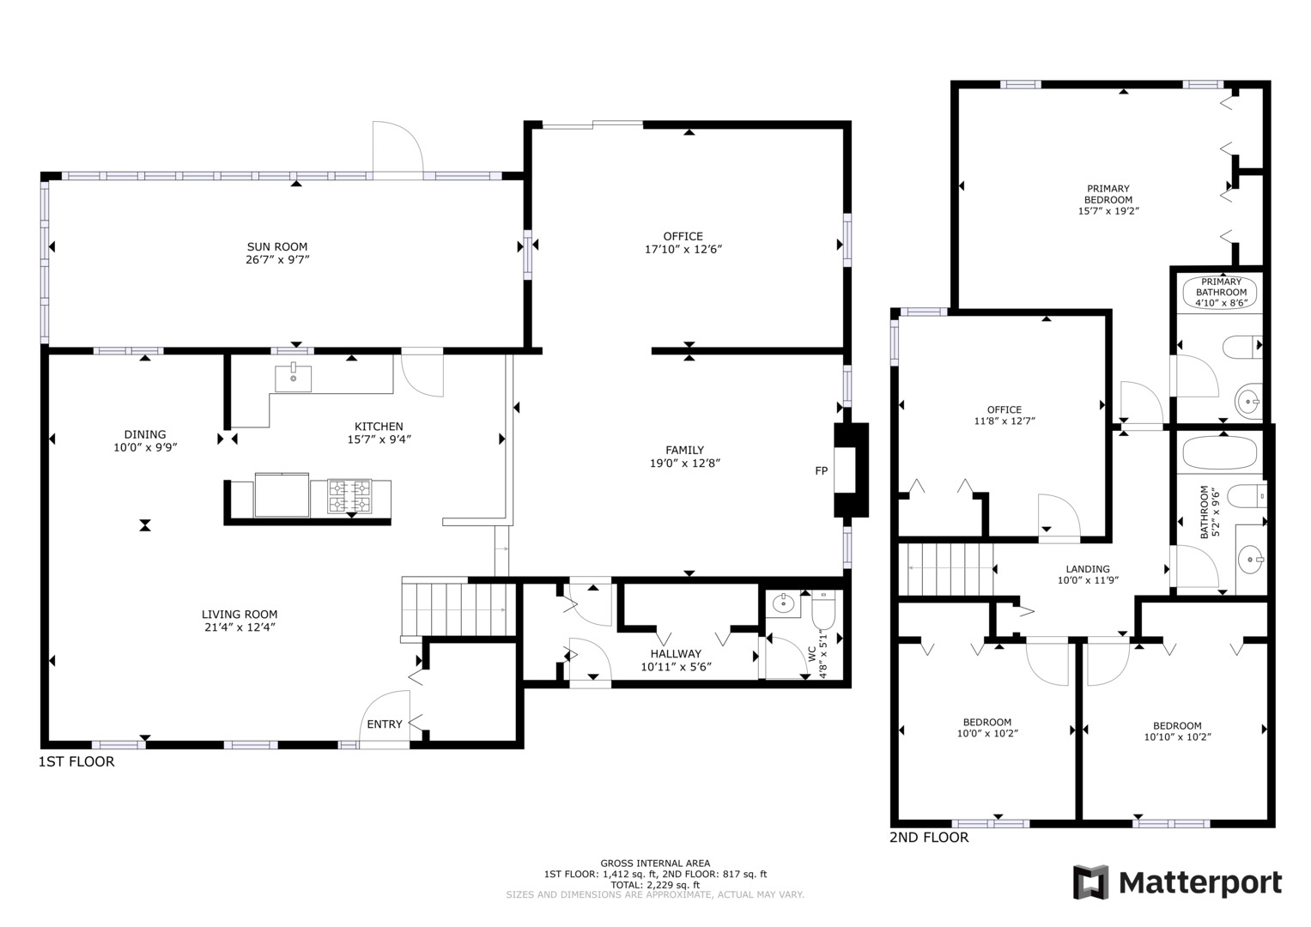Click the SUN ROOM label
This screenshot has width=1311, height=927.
click(276, 247)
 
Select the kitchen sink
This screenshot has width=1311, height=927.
click(294, 378)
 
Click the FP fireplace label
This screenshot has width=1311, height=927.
click(821, 471)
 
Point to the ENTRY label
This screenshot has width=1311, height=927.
click(384, 724)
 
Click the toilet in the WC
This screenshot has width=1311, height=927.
click(822, 611)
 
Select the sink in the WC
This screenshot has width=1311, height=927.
click(783, 604)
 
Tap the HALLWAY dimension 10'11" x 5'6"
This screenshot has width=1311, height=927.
click(676, 667)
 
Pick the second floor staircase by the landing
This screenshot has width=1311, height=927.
click(949, 568)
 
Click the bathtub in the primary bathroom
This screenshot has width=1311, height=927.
click(1220, 291)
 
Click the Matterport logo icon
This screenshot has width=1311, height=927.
click(1090, 882)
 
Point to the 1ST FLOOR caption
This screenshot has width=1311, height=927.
click(76, 762)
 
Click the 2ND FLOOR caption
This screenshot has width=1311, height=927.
click(929, 838)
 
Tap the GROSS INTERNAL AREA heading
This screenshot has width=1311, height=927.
click(654, 863)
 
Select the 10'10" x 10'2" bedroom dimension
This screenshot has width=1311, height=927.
click(1177, 737)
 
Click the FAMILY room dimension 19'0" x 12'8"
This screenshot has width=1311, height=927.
click(684, 463)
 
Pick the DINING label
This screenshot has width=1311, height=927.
click(145, 434)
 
